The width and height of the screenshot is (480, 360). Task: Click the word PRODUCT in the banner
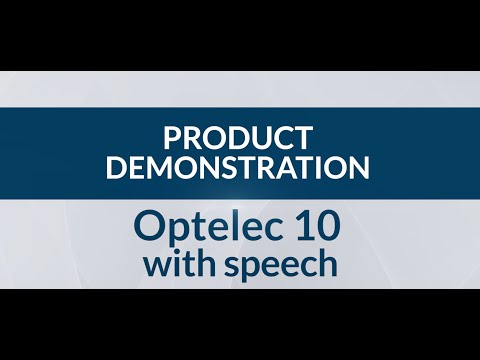pyautogui.click(x=239, y=136)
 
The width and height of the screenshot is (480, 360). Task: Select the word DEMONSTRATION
pyautogui.click(x=238, y=166)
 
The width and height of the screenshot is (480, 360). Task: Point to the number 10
pyautogui.click(x=319, y=227)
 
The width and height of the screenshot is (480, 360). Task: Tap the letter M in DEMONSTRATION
pyautogui.click(x=155, y=166)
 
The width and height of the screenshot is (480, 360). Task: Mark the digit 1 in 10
pyautogui.click(x=304, y=227)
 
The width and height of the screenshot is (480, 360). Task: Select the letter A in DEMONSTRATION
pyautogui.click(x=289, y=166)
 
